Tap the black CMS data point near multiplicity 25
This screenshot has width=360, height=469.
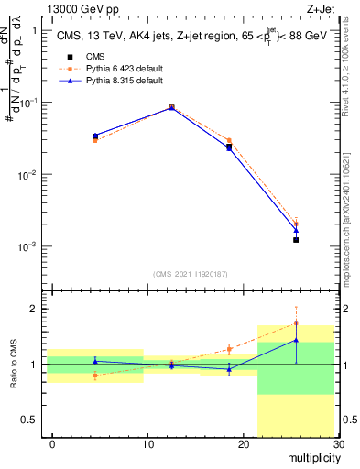click(296, 240)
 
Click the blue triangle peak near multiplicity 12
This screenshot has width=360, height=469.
click(171, 107)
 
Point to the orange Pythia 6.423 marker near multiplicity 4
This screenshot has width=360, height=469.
click(95, 140)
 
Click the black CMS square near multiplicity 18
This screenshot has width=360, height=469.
click(229, 147)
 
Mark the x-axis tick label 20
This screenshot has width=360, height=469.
click(242, 444)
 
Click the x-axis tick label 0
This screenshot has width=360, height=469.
click(52, 444)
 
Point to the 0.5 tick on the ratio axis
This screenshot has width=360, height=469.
click(34, 420)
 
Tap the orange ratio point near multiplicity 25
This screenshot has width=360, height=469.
click(296, 322)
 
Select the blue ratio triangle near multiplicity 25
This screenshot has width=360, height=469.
click(296, 340)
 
